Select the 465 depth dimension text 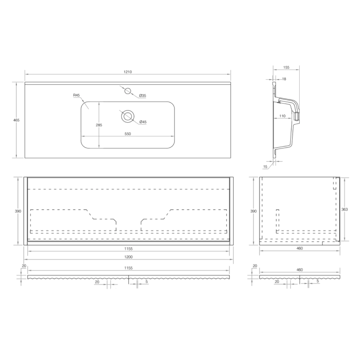(x=17, y=120)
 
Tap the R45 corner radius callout (x=76, y=95)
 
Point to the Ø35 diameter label (x=142, y=95)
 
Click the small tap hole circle (x=128, y=91)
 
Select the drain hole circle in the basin (x=128, y=117)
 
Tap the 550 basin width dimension (x=128, y=134)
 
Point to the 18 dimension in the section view (x=284, y=79)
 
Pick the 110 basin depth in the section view (x=282, y=117)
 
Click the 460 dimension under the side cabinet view (x=299, y=248)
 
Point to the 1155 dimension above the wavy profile (x=128, y=268)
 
